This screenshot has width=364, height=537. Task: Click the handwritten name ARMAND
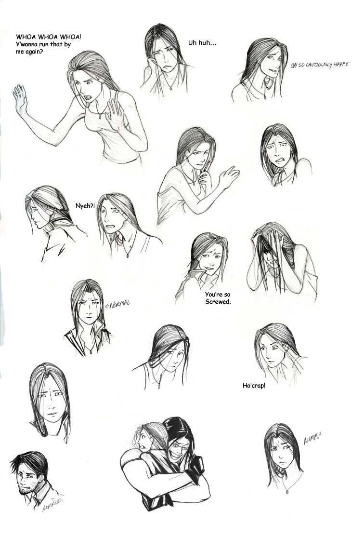click(x=52, y=505)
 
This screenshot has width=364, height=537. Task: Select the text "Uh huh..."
click(x=202, y=43)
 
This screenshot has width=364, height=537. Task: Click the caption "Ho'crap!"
click(x=254, y=386)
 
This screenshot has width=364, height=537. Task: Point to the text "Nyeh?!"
click(x=85, y=206)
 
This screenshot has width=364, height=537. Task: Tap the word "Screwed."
click(x=218, y=302)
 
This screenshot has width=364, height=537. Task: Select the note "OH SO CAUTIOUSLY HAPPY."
click(x=319, y=65)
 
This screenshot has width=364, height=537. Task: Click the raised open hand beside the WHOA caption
click(x=20, y=99)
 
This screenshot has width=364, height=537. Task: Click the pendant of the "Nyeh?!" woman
click(x=127, y=255)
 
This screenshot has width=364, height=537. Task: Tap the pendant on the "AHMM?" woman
click(x=286, y=492)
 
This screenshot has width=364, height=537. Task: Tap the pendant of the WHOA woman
click(x=100, y=117)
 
